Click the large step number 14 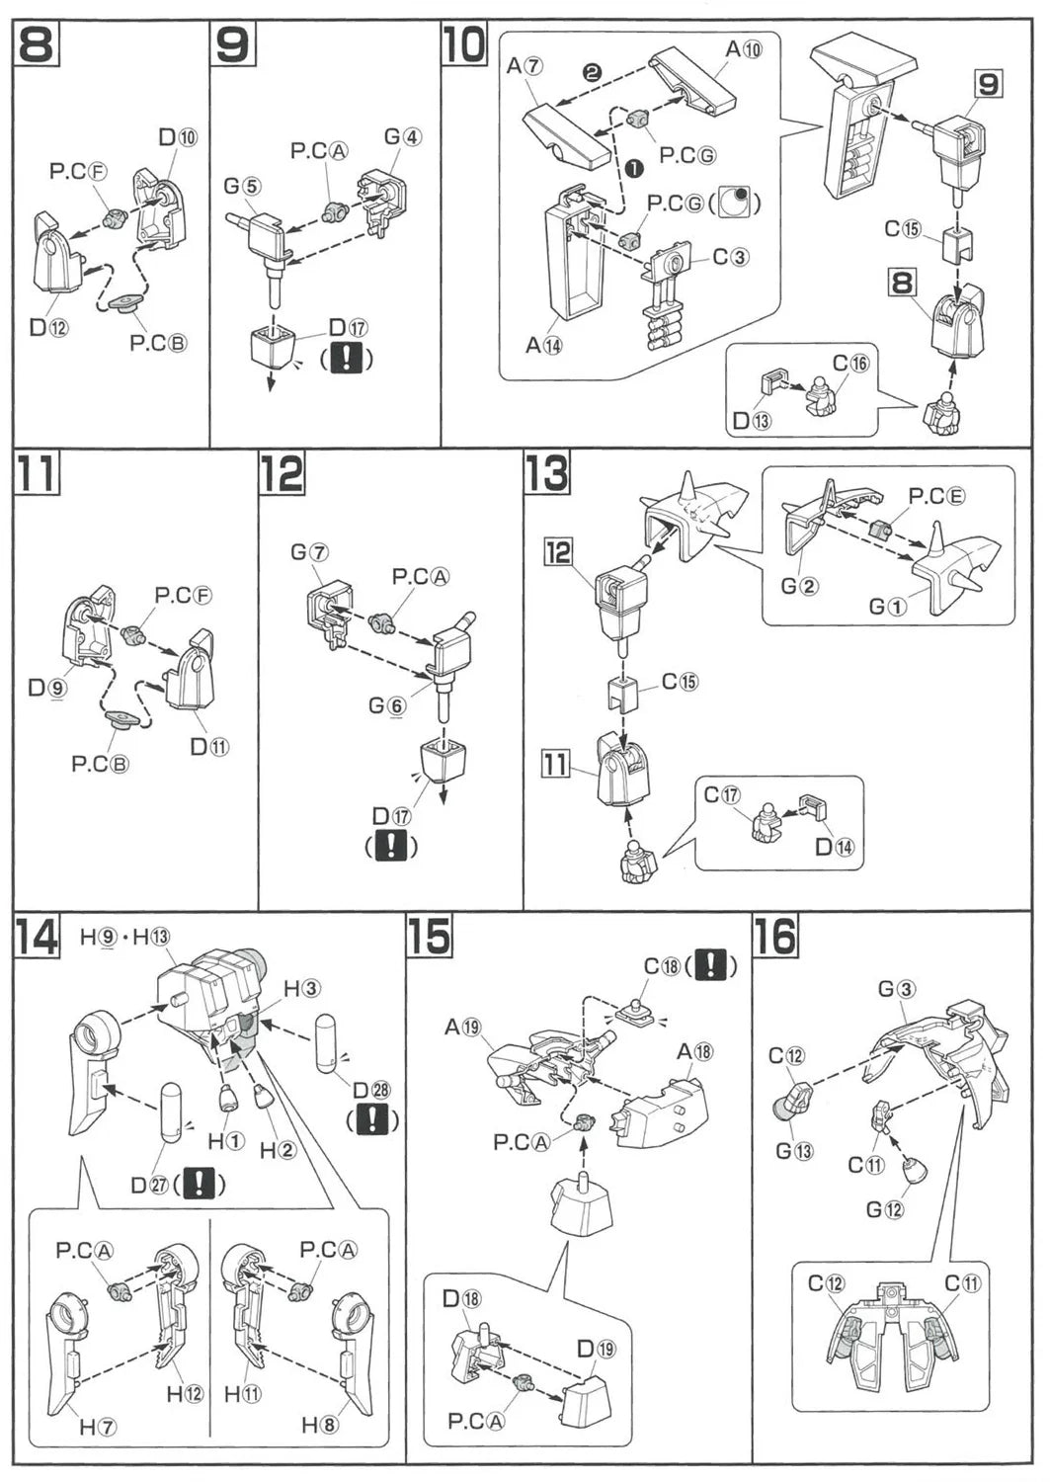point(36,936)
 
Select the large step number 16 point(774,936)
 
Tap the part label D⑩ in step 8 point(178,136)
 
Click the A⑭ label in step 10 point(543,345)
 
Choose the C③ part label point(731,257)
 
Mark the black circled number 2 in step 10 point(592,73)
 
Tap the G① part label point(887,606)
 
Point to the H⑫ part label point(185,1393)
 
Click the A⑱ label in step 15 point(695,1051)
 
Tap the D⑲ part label point(596,1349)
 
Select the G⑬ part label point(794,1150)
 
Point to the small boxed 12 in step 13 point(559,551)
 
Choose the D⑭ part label point(835,846)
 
